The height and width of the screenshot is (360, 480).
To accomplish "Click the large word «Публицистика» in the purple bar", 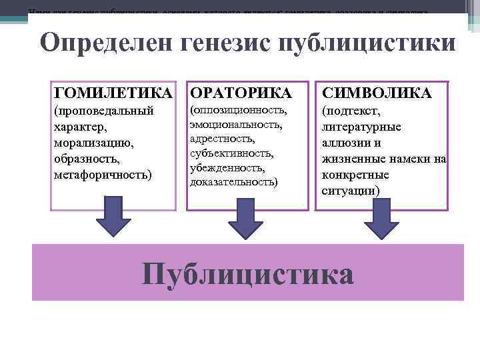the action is (x=248, y=272).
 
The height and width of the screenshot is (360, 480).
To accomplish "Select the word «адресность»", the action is (x=222, y=139).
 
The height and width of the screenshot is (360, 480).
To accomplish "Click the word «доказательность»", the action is (x=234, y=181).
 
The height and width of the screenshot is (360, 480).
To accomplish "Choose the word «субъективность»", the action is (x=231, y=153).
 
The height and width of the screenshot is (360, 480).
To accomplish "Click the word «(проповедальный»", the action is (x=104, y=110).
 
